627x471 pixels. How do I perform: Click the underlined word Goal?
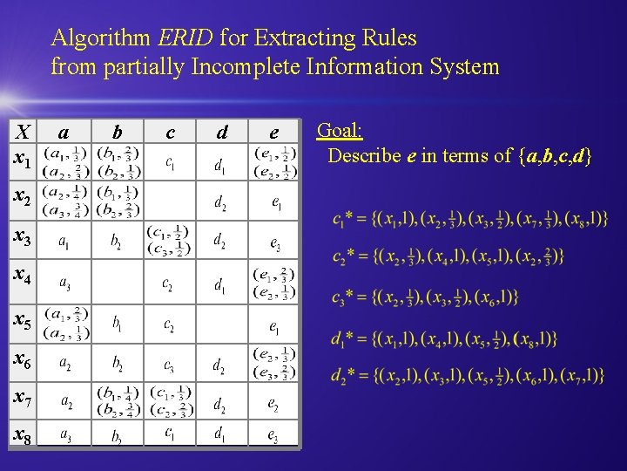coord(340,132)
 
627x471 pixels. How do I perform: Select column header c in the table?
coord(169,132)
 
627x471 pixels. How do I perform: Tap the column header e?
coord(273,132)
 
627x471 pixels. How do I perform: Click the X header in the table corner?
coord(24,132)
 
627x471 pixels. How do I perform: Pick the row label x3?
coord(22,238)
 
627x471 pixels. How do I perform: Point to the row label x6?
coord(22,358)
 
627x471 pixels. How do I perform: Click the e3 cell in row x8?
coord(273,433)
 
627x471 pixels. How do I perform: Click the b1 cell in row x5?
coord(116,324)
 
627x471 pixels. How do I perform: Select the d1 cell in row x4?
coord(222,283)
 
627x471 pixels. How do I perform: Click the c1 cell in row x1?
coord(169,162)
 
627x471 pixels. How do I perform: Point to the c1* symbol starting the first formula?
coord(343,220)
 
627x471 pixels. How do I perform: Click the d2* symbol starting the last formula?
coord(343,376)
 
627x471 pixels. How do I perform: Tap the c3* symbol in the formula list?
coord(343,297)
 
